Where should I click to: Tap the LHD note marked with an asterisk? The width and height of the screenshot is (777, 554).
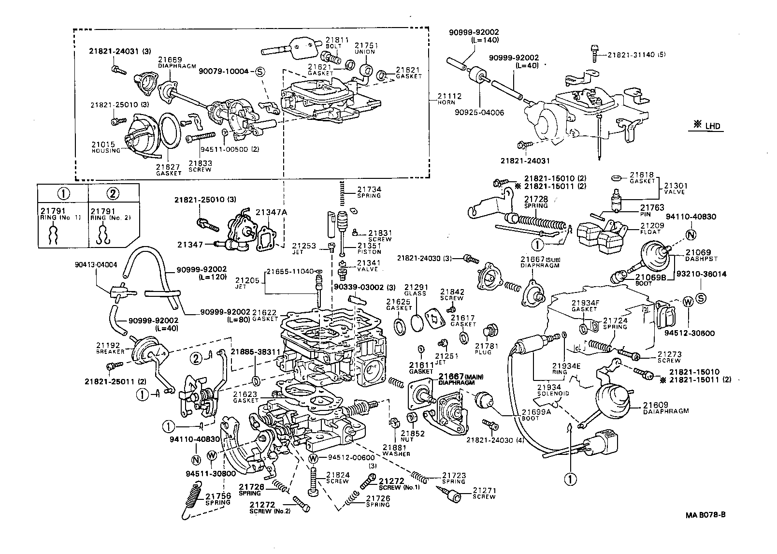pyautogui.click(x=707, y=126)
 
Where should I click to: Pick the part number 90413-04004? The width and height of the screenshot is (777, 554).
pyautogui.click(x=96, y=264)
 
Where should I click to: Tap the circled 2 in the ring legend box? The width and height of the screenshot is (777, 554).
pyautogui.click(x=112, y=194)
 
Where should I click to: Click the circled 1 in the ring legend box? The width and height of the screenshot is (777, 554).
pyautogui.click(x=63, y=194)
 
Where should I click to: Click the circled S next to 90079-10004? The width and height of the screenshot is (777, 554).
pyautogui.click(x=259, y=72)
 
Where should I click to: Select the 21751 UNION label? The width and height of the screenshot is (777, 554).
pyautogui.click(x=366, y=48)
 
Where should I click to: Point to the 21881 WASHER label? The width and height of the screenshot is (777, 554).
pyautogui.click(x=396, y=450)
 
